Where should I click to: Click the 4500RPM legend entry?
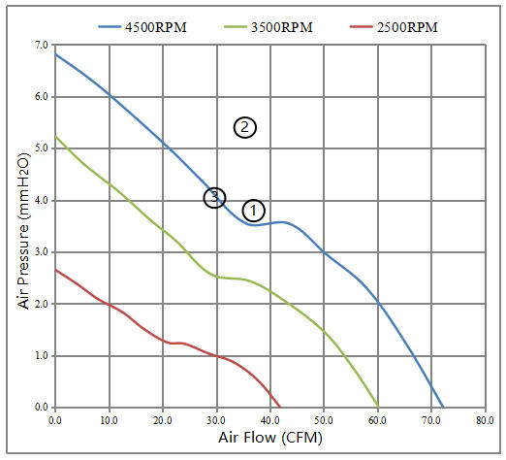tap(142, 27)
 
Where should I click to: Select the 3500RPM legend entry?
tap(269, 27)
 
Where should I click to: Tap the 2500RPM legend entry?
tap(394, 27)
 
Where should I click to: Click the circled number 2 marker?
tap(245, 127)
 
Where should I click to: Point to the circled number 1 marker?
tap(254, 211)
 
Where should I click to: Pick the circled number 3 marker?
tap(214, 197)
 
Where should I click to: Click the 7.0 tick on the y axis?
tap(41, 45)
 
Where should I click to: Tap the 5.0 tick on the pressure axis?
tap(41, 148)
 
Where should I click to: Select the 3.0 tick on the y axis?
tap(41, 251)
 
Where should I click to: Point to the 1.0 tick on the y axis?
tap(41, 355)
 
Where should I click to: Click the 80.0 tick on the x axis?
tap(485, 420)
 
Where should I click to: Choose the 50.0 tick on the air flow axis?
tap(324, 420)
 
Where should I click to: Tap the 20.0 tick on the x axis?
tap(163, 420)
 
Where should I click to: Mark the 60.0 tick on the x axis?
tap(377, 420)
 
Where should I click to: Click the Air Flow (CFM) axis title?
tap(270, 438)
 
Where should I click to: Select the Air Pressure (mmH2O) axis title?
tap(23, 231)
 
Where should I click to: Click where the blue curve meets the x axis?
tap(443, 407)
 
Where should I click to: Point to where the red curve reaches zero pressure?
tap(280, 407)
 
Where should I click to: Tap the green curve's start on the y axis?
tap(55, 137)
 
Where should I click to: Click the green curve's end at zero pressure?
tap(378, 407)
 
